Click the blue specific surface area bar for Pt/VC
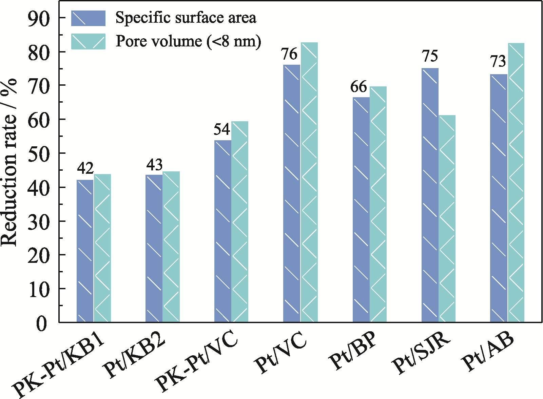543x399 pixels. click(x=292, y=193)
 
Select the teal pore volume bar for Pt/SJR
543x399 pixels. click(x=447, y=218)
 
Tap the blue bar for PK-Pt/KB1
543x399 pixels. click(x=85, y=251)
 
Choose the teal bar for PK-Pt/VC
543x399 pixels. click(x=240, y=222)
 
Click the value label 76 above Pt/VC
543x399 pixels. click(x=289, y=54)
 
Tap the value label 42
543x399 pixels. click(x=85, y=168)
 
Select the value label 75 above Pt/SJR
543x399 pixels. click(x=430, y=56)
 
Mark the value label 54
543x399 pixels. click(x=222, y=130)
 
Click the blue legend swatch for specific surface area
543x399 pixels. click(x=88, y=18)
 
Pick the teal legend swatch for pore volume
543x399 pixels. click(x=88, y=41)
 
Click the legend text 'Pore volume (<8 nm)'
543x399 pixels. click(x=189, y=41)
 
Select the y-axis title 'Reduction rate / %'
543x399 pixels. click(x=9, y=163)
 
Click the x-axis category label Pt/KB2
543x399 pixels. click(x=136, y=357)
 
